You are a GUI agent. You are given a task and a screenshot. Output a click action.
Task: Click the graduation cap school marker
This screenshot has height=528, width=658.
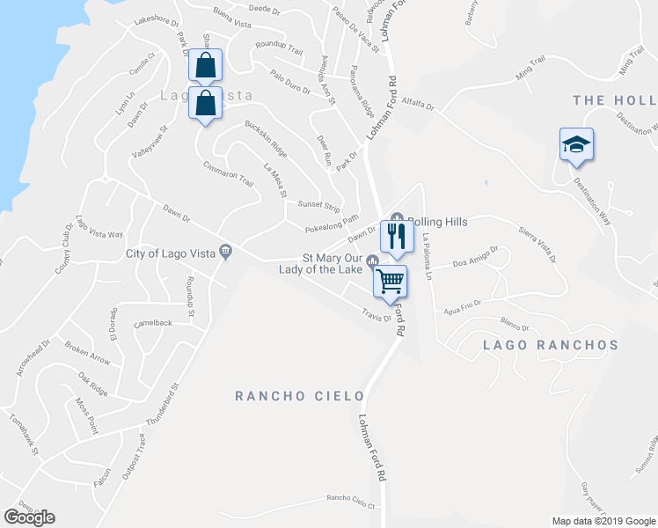point(576,143)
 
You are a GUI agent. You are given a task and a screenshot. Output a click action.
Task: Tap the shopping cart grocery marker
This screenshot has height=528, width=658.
point(391,282)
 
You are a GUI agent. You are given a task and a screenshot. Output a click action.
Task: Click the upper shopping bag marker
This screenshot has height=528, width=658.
point(204,64)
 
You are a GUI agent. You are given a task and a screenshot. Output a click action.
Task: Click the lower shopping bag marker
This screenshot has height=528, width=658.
point(204,102)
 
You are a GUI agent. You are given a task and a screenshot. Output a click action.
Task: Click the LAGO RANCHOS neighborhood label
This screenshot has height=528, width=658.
point(551,346)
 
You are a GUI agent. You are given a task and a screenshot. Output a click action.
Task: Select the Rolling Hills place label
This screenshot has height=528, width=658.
point(436,222)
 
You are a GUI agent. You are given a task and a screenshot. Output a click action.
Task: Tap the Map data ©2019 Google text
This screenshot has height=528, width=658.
point(603,521)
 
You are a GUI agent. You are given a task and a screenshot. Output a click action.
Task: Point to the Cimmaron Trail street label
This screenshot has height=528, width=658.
point(228,176)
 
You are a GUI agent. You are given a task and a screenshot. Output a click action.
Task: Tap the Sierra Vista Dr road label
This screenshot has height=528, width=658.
point(537,245)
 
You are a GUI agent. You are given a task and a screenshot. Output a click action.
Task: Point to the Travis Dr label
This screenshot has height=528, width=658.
point(376,315)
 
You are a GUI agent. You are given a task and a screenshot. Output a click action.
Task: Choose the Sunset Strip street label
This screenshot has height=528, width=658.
point(318,207)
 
